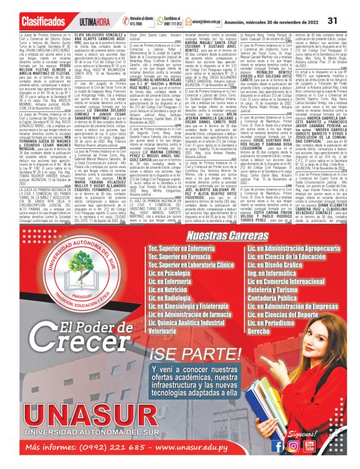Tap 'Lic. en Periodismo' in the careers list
click(x=275, y=323)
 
